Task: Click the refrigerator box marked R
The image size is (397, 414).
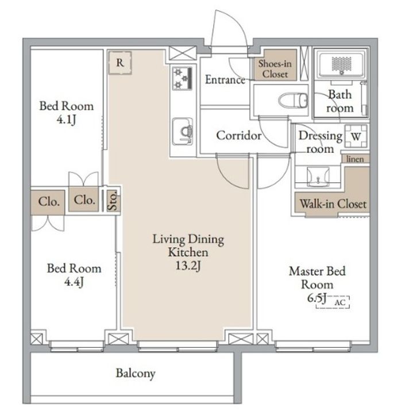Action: coord(120,63)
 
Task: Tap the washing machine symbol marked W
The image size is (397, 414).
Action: coord(356,136)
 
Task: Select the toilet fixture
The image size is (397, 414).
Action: coord(293,100)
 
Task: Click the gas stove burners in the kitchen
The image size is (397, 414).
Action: coord(182,78)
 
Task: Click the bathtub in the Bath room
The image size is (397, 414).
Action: coord(341,64)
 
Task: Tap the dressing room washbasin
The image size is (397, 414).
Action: coord(318,177)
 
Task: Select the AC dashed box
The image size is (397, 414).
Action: coord(333,302)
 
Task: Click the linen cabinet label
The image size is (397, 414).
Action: coord(355,159)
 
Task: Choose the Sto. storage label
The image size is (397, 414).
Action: coord(113,200)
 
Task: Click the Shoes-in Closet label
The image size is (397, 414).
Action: coord(275,68)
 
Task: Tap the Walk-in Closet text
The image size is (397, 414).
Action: coord(333,204)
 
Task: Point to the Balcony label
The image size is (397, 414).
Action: coord(136,373)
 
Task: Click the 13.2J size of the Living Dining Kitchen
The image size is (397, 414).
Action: coord(188,265)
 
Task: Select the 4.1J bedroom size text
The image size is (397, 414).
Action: coord(66,120)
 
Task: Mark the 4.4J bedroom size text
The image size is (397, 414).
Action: coord(74,282)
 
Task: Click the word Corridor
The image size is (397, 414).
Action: coord(239,136)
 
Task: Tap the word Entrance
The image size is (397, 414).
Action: coord(225,79)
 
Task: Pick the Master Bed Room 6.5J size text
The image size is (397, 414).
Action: coord(317,298)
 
